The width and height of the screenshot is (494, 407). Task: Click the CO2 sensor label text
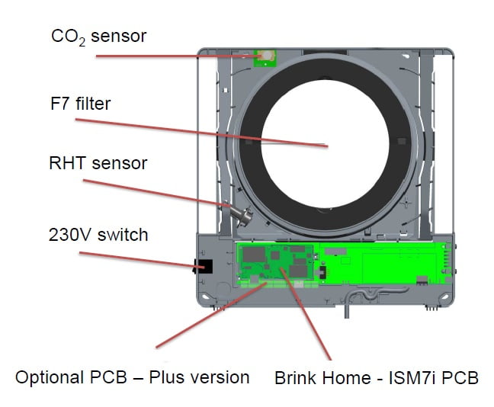98,36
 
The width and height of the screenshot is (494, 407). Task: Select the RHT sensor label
98,163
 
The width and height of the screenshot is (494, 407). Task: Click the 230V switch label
98,234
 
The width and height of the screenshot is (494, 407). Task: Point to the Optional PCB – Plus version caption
133,377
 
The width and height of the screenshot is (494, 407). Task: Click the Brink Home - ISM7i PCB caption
377,377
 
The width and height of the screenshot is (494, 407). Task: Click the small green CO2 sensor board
265,56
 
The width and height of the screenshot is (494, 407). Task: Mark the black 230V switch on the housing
204,267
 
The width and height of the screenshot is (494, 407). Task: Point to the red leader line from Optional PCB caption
206,316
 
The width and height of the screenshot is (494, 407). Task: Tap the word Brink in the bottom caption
298,377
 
